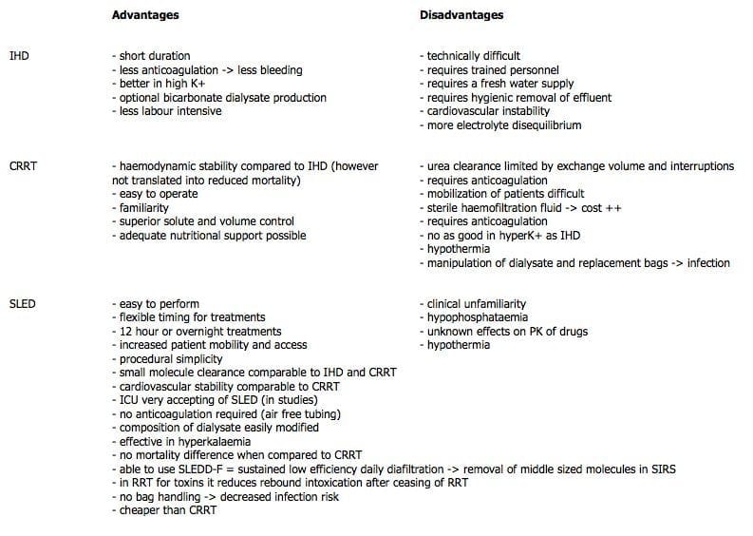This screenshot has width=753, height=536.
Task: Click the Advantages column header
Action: [144, 15]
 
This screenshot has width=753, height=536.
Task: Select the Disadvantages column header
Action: [461, 15]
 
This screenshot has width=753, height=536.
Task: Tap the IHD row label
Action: [18, 56]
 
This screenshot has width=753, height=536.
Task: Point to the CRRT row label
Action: [22, 166]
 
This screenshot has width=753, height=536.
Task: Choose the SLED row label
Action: [21, 304]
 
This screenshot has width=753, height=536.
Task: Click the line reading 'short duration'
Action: [151, 56]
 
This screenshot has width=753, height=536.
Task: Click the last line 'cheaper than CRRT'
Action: [164, 510]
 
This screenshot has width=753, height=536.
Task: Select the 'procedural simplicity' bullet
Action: [167, 359]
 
